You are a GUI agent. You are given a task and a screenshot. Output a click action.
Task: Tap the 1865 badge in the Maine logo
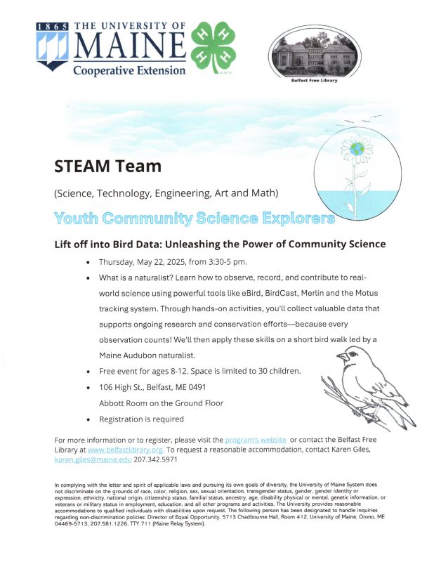click(53, 25)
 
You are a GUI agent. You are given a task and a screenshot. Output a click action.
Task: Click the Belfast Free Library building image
click(313, 55)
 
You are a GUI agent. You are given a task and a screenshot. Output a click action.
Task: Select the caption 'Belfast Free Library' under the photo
click(314, 81)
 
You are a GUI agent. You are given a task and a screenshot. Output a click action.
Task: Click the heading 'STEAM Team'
click(108, 166)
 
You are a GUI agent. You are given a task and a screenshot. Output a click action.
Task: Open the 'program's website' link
click(256, 440)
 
